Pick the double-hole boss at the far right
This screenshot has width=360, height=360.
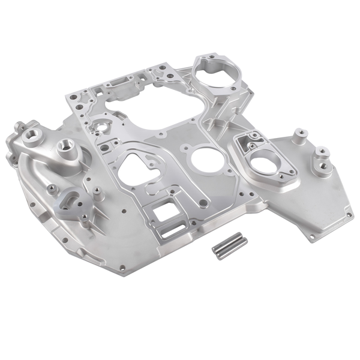point(322,157)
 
